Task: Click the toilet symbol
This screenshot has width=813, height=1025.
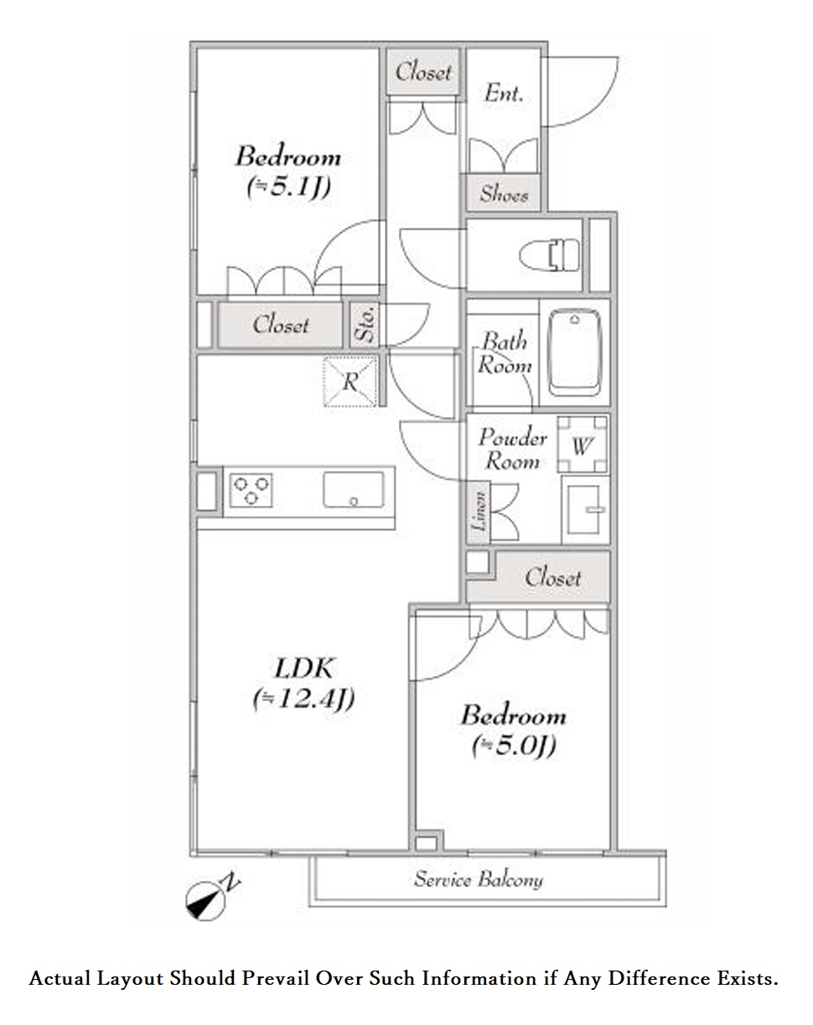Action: pos(549,255)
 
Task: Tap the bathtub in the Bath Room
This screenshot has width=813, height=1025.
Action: pos(575,352)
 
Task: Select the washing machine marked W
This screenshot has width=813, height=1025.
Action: pos(583,445)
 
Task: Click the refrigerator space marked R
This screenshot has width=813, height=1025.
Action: pos(350,381)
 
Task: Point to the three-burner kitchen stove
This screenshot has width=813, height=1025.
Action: pos(251,490)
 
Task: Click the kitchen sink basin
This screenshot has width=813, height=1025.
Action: pos(354,490)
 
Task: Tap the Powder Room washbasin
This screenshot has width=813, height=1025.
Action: pos(586,510)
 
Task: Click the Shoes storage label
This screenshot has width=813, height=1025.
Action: pos(504,193)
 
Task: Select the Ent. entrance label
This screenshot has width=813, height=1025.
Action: pos(504,93)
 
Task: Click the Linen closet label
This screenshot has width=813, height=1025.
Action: pos(479,512)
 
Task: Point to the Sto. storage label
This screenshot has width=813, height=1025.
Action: pos(365,324)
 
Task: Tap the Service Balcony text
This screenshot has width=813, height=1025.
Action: pos(479,880)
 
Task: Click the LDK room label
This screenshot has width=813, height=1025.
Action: pos(303,668)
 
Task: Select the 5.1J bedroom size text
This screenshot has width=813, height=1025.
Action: pos(288,187)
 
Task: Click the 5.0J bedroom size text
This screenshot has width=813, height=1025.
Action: pos(514,745)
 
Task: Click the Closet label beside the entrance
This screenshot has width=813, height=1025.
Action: pos(423,72)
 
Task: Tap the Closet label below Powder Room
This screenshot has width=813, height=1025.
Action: pos(552,577)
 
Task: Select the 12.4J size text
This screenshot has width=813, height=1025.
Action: pos(303,699)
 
